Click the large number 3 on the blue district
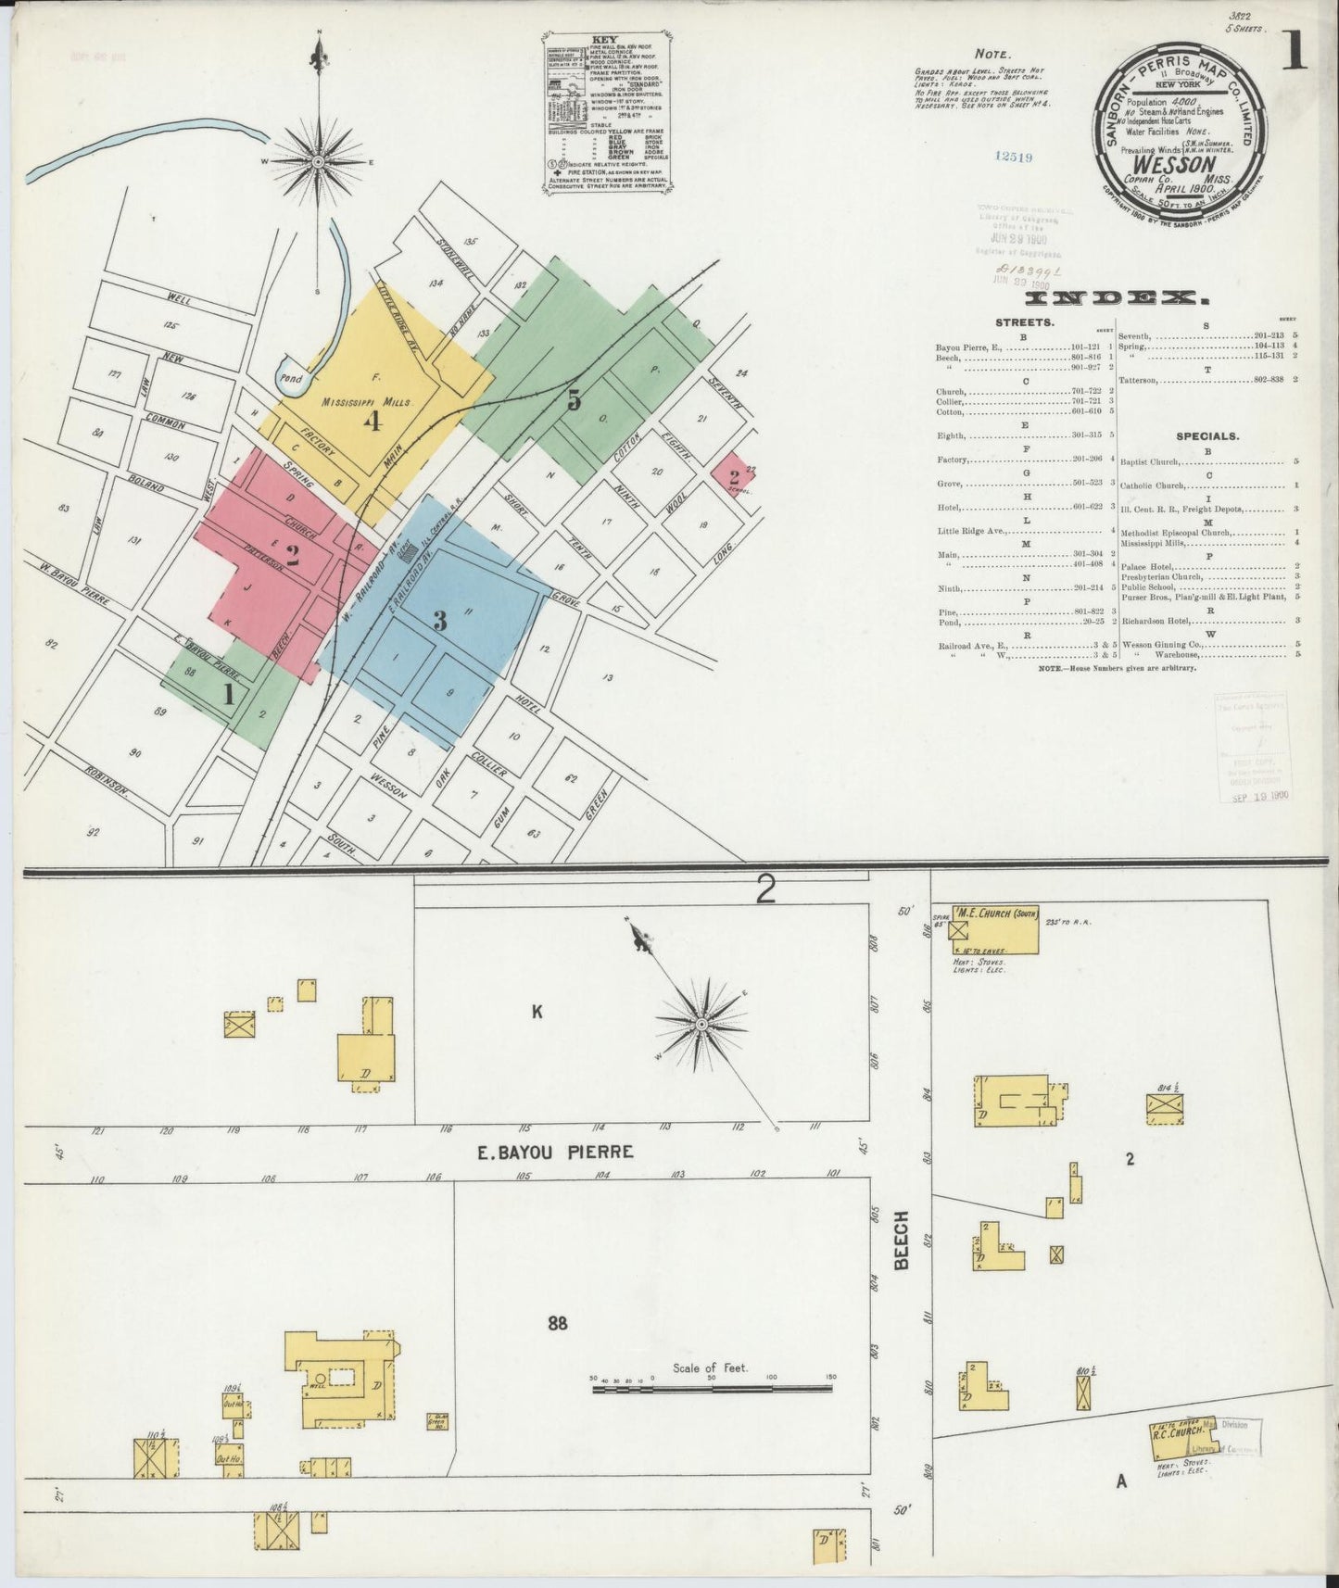click(440, 620)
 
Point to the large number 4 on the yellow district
click(373, 422)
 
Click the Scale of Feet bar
click(712, 1387)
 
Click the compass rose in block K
click(701, 1024)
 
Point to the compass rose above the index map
click(318, 161)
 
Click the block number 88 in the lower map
click(556, 1322)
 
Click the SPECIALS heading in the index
click(1207, 435)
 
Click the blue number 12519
click(1009, 158)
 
